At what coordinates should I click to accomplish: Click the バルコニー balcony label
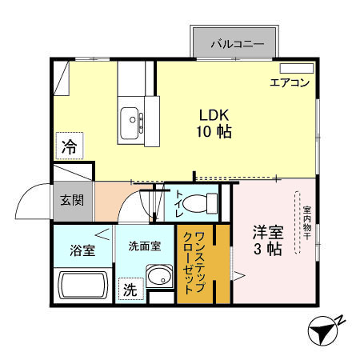pos(237,44)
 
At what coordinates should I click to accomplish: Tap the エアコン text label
pos(290,82)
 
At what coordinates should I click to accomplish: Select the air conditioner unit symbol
pos(296,68)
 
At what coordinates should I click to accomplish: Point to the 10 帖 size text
pos(214,132)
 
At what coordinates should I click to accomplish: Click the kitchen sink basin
pos(130,123)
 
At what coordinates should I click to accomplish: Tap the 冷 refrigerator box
pos(70,147)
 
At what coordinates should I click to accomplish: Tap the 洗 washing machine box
pos(129,290)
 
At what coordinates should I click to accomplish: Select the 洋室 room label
pos(268,233)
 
